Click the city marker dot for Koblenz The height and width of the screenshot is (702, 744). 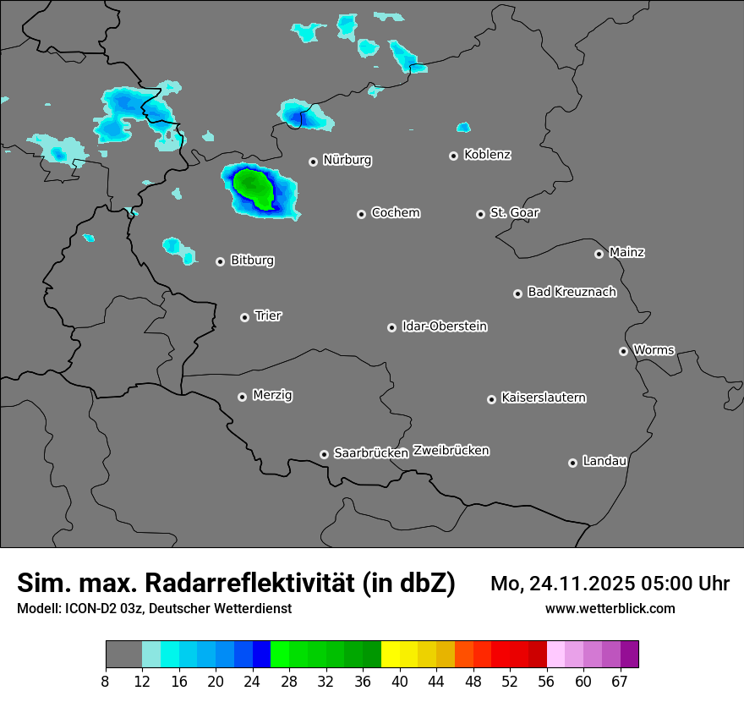click(453, 156)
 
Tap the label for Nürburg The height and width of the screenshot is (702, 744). click(347, 160)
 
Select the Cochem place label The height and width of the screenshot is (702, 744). click(395, 213)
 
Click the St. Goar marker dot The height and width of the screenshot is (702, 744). click(480, 214)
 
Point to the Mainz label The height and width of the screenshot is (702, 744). click(626, 253)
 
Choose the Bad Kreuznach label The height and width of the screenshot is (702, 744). click(572, 293)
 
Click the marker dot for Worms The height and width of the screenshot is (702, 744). click(623, 351)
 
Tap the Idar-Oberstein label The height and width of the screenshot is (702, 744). click(444, 326)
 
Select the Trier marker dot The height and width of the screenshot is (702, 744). click(244, 317)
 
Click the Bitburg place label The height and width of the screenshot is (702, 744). click(252, 261)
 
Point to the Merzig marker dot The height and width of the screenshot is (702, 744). click(242, 397)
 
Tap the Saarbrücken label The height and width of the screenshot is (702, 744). click(370, 453)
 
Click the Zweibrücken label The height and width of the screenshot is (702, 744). click(451, 451)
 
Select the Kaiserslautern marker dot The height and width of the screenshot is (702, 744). click(491, 399)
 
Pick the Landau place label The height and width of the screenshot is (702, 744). click(604, 462)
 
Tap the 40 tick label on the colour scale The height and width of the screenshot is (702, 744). click(400, 681)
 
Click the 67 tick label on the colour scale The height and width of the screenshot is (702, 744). click(620, 681)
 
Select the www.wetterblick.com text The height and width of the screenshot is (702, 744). click(610, 609)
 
